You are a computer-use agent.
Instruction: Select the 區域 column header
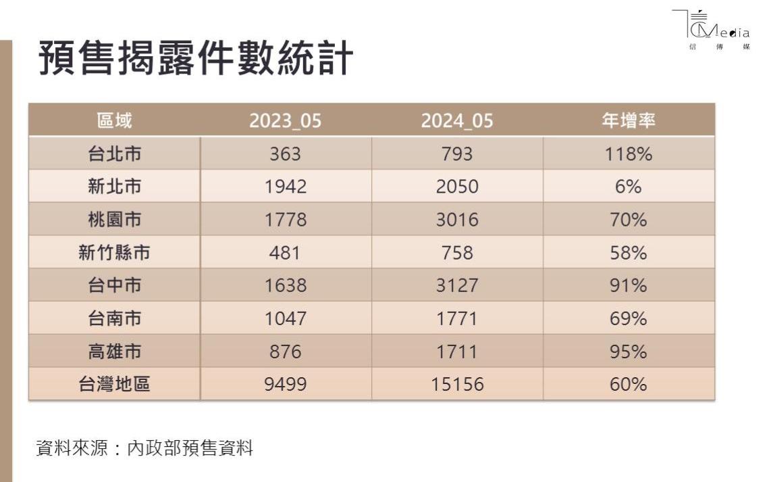pyautogui.click(x=114, y=121)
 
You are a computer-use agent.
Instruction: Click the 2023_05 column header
pyautogui.click(x=286, y=121)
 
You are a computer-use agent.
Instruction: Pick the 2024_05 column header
pyautogui.click(x=457, y=121)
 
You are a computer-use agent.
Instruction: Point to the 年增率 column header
pyautogui.click(x=629, y=121)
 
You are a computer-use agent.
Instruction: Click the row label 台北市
pyautogui.click(x=114, y=154)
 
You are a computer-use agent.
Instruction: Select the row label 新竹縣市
pyautogui.click(x=114, y=253)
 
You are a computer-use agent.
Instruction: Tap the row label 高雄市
pyautogui.click(x=114, y=352)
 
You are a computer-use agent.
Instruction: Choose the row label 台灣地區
pyautogui.click(x=114, y=385)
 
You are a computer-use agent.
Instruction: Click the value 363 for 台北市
pyautogui.click(x=286, y=154)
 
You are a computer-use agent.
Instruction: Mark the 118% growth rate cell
pyautogui.click(x=629, y=154)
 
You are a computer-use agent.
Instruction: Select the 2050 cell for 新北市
pyautogui.click(x=457, y=187)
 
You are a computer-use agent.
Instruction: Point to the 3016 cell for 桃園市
pyautogui.click(x=457, y=220)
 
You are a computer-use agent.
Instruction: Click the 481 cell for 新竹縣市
pyautogui.click(x=286, y=253)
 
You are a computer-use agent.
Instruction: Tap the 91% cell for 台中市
pyautogui.click(x=629, y=286)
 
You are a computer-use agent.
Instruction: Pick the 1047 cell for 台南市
pyautogui.click(x=286, y=318)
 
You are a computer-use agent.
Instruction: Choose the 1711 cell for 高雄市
pyautogui.click(x=457, y=352)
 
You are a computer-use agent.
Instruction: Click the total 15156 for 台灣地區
pyautogui.click(x=457, y=385)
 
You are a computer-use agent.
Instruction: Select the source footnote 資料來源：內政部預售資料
pyautogui.click(x=144, y=448)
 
